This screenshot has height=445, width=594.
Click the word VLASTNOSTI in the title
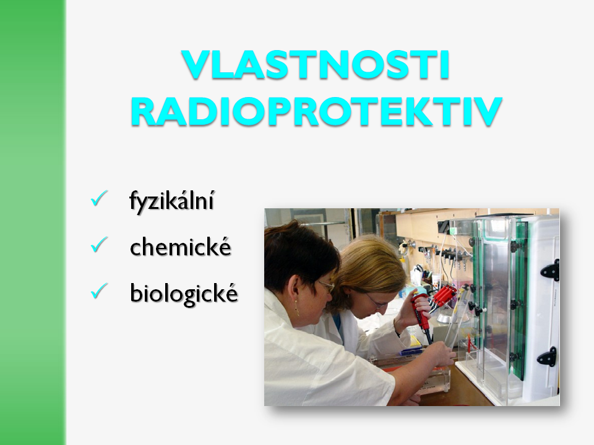(x=316, y=64)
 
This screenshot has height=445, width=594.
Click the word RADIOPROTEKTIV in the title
(x=317, y=112)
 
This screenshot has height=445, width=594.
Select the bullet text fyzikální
(x=171, y=201)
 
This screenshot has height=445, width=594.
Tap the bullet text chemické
(x=180, y=247)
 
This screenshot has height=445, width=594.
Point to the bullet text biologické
(x=184, y=294)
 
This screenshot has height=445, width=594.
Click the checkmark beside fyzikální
(x=99, y=198)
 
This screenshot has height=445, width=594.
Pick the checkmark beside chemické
(x=99, y=245)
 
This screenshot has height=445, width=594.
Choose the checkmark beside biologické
(x=99, y=291)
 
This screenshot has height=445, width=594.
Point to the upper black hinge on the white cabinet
(x=550, y=270)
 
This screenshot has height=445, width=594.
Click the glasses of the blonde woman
(x=377, y=301)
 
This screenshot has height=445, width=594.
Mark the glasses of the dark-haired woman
(x=327, y=286)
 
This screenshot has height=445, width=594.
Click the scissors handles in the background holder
(x=418, y=269)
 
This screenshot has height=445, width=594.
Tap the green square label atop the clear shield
(x=454, y=231)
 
